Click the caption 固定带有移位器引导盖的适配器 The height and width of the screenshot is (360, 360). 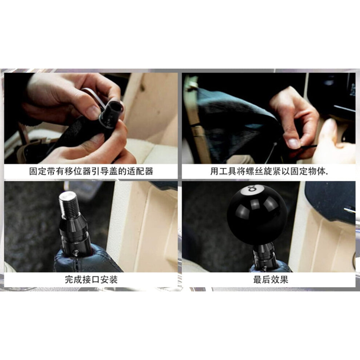click(x=91, y=171)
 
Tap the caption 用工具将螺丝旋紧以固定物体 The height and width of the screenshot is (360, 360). click(x=269, y=171)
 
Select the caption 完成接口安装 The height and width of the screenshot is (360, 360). click(x=91, y=279)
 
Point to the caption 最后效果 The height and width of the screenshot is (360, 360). click(x=271, y=279)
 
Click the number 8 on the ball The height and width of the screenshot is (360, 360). click(x=252, y=189)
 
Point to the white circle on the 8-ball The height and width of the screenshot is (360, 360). click(x=252, y=189)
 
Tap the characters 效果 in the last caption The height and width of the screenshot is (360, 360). click(x=280, y=279)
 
